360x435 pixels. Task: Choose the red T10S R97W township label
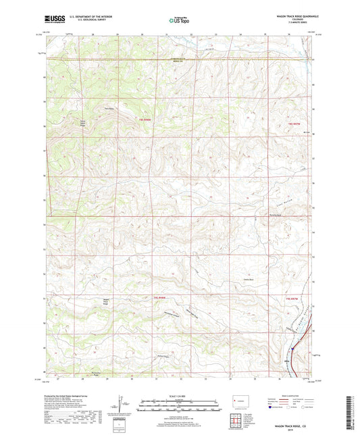[x=291, y=298]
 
